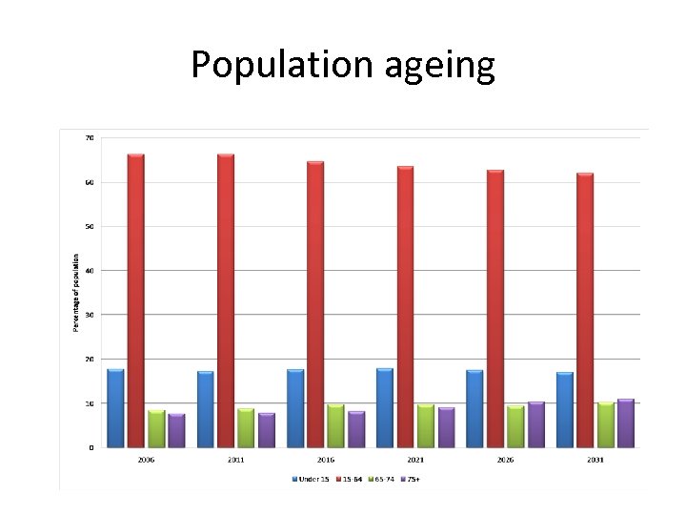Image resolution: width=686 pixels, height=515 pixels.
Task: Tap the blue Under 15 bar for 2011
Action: click(x=205, y=409)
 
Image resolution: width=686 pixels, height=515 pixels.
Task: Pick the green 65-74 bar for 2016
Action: click(x=335, y=425)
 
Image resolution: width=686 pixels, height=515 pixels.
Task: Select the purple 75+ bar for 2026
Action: click(x=535, y=424)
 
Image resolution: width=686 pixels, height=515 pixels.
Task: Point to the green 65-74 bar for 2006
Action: click(x=156, y=428)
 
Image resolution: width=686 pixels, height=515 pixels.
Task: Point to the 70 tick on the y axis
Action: click(x=90, y=138)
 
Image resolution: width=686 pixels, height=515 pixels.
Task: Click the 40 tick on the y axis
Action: click(x=90, y=271)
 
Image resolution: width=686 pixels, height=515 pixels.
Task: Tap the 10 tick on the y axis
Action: click(x=90, y=403)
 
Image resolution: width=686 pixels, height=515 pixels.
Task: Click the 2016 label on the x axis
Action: click(x=326, y=460)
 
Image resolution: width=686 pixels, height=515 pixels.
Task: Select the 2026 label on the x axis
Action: click(x=505, y=460)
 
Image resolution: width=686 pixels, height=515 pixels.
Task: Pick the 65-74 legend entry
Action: click(x=382, y=477)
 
